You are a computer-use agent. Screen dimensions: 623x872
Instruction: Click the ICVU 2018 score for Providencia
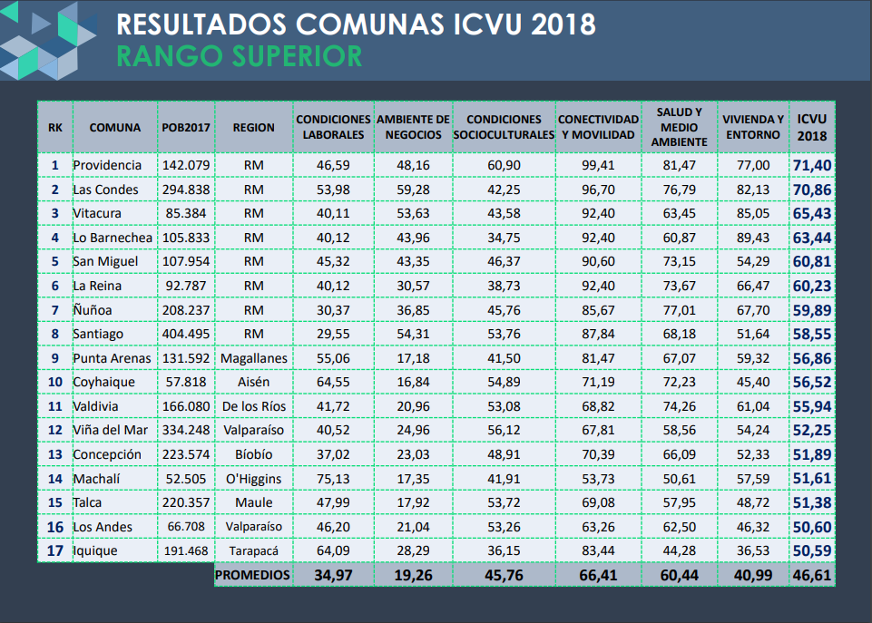(x=812, y=165)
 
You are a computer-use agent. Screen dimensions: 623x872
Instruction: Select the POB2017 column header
(x=186, y=128)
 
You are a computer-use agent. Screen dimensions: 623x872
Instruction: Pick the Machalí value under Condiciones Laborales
(x=333, y=478)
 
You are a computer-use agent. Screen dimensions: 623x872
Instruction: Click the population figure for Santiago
(x=186, y=334)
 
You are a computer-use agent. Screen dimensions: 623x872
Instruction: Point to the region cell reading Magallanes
(x=253, y=358)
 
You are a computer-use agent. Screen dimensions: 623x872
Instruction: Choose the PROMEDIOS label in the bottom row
(x=253, y=575)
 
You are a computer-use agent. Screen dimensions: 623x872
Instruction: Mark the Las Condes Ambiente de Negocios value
(x=413, y=190)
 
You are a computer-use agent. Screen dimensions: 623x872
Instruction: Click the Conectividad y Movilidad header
(x=598, y=127)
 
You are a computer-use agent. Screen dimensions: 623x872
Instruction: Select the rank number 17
(x=55, y=550)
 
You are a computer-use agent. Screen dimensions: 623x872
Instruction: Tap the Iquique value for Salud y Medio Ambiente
(x=679, y=550)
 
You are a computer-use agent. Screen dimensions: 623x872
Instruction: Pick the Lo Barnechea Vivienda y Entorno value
(x=752, y=238)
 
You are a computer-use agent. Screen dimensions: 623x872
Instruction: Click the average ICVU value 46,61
(x=812, y=575)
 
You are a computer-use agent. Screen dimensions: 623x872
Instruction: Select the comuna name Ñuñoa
(x=93, y=309)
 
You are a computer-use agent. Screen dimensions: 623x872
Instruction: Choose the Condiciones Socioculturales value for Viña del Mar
(x=504, y=430)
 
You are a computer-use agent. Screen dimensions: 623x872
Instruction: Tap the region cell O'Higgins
(x=253, y=478)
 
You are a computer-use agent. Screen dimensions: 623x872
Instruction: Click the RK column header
(x=55, y=128)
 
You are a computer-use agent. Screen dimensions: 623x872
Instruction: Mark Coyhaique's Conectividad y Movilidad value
(x=598, y=382)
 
